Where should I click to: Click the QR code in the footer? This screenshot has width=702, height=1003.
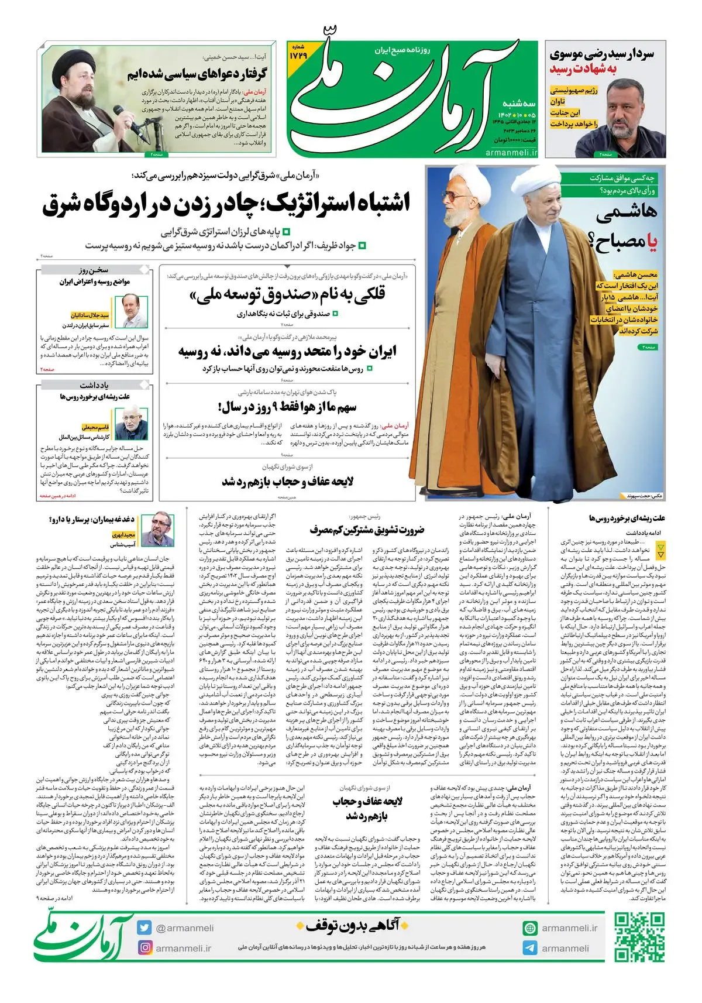639,937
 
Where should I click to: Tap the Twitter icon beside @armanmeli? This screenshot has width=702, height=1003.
144,928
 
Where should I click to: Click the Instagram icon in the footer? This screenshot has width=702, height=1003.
144,947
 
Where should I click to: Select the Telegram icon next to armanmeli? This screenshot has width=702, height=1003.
530,948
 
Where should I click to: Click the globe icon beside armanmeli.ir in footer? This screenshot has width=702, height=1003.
530,928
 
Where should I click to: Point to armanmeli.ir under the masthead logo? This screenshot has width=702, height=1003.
511,152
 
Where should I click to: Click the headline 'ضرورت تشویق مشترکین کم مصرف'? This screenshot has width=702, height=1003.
367,530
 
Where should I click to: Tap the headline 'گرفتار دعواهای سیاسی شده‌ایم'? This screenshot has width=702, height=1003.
197,74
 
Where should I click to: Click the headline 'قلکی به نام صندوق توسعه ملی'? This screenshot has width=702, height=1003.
287,295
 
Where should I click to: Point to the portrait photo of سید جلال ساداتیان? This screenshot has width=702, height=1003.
135,310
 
